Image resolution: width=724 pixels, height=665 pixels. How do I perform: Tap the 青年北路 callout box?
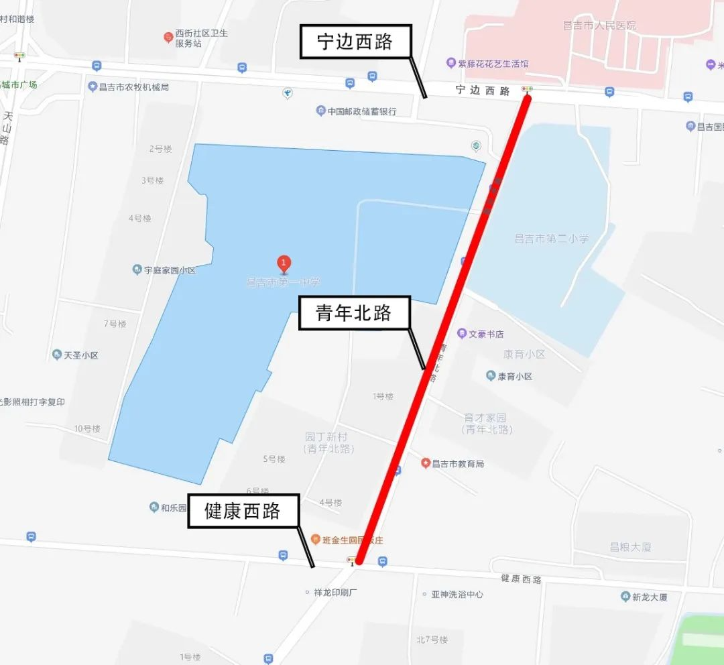point(353,313)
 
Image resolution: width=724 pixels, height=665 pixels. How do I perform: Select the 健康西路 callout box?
point(243,512)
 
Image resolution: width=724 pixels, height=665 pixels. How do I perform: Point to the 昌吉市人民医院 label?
point(599,25)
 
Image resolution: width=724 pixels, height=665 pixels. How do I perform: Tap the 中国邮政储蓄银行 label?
point(362,111)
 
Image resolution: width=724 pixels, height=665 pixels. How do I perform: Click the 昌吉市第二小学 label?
point(551,239)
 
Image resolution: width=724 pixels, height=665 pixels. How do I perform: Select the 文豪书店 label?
point(486,334)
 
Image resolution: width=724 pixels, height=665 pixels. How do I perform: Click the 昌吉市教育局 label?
point(457,463)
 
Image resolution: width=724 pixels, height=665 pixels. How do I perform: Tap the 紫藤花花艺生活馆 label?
point(493,64)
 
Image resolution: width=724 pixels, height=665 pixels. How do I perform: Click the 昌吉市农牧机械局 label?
point(133,87)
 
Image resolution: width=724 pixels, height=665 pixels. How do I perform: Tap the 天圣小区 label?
point(80,355)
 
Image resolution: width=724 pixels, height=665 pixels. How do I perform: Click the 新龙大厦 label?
point(650,597)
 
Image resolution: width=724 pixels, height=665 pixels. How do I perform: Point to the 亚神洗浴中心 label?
point(457,594)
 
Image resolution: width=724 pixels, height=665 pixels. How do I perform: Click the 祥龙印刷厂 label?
point(336,593)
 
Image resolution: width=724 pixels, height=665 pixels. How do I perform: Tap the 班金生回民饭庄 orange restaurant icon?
point(315,540)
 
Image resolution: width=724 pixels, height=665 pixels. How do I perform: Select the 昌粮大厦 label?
point(630,547)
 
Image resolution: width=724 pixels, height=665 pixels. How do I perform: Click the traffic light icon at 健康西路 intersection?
point(351,560)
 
